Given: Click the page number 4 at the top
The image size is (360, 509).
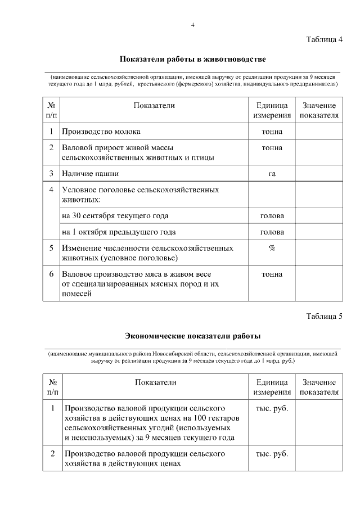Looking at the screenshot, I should click(x=192, y=25).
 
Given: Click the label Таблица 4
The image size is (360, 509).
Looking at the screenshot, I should click(x=324, y=39).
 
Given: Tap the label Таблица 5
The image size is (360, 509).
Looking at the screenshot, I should click(x=324, y=316).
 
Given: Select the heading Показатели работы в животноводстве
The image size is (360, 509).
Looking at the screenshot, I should click(x=192, y=59).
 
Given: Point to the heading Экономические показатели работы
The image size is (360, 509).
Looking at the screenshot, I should click(x=192, y=336).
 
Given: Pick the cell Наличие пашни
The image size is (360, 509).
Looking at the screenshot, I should click(x=91, y=173).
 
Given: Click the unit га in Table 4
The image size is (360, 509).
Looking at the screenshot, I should click(x=272, y=173).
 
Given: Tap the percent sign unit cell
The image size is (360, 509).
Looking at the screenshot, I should click(x=272, y=248).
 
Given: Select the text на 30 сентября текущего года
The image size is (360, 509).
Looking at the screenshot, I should click(x=115, y=215).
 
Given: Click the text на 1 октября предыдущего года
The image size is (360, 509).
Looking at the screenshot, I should click(x=119, y=232).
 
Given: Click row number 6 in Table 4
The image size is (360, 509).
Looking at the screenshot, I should click(x=51, y=274).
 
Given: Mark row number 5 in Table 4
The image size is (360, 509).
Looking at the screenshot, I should click(x=51, y=248).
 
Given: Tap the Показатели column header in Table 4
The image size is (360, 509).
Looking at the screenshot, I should click(x=154, y=106).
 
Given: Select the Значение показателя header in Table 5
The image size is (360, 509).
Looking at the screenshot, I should click(x=319, y=387).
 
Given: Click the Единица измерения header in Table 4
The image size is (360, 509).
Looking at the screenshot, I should click(x=272, y=110).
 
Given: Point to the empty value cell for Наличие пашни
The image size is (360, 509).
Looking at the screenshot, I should click(x=319, y=173).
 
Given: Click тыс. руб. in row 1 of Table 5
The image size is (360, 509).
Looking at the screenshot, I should click(x=272, y=408).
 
